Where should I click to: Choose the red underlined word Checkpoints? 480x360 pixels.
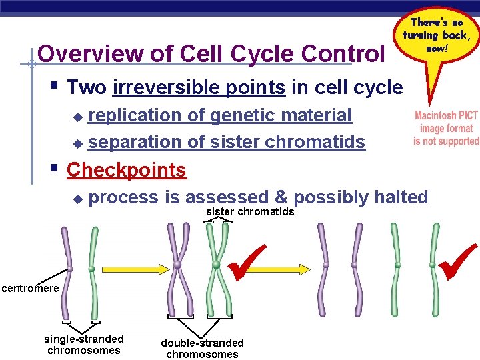127,170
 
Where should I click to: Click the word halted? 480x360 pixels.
401,197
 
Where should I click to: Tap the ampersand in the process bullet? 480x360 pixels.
279,197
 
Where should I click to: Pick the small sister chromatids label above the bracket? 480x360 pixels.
250,212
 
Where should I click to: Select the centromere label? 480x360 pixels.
30,288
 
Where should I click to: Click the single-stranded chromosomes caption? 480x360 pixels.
84,345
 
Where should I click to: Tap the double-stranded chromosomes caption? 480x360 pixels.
202,348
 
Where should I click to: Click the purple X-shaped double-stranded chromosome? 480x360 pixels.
177,267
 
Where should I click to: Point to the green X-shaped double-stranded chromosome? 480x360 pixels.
217,267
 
